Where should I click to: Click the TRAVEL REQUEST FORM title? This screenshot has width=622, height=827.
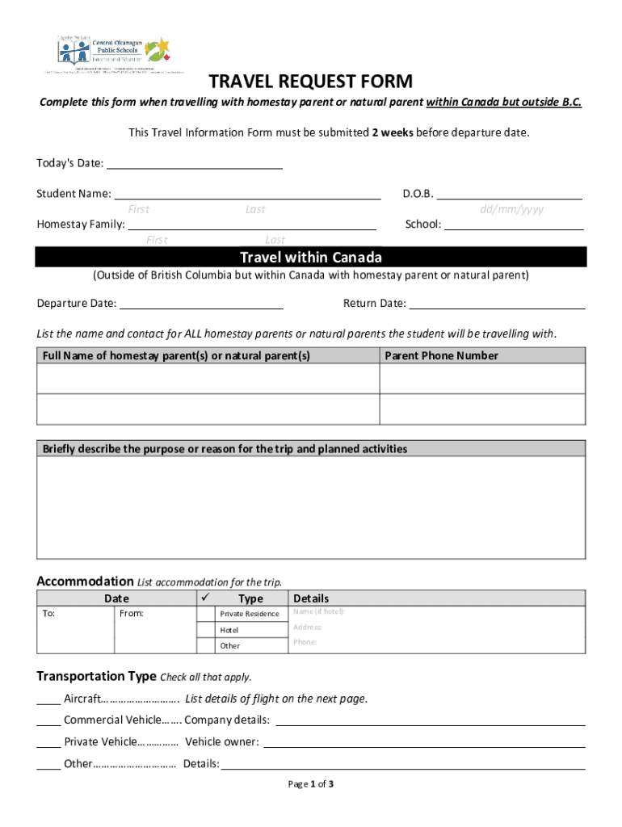pos(311,82)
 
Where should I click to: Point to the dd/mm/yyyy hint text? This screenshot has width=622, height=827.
pos(511,209)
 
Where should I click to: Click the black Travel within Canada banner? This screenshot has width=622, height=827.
pos(311,258)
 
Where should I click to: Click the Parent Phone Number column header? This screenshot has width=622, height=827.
pos(441,355)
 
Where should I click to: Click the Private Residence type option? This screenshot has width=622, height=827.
pos(250,614)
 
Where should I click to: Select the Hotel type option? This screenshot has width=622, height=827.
pos(230,630)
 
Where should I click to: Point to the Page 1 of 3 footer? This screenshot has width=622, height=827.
pos(311,784)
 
